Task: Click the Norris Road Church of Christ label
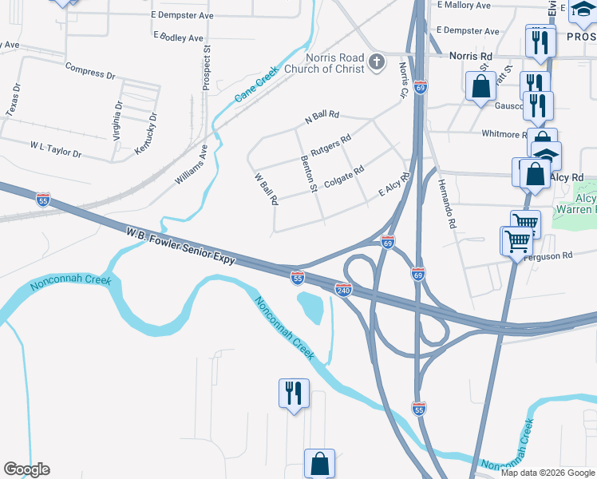point(334,63)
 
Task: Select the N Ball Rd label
point(322,117)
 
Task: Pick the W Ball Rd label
point(266,188)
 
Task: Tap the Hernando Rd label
point(445,204)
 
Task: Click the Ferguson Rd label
point(552,255)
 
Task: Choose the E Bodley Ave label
point(178,38)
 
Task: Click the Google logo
point(26,469)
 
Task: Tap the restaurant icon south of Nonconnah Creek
point(293,394)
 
